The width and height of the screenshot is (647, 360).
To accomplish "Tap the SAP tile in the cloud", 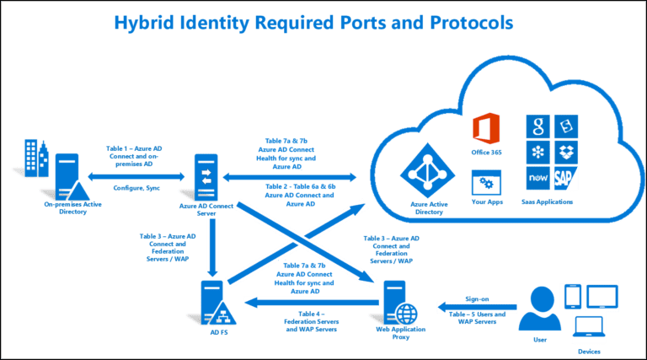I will [x=564, y=178].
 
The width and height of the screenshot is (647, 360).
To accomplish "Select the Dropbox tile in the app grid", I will [x=564, y=153].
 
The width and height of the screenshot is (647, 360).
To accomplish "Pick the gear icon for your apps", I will [x=485, y=181].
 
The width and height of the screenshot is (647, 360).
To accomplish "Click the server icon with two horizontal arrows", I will [x=206, y=175].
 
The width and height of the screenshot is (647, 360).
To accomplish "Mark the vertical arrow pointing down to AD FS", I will [x=212, y=244].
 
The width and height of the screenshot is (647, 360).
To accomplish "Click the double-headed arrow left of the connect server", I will [x=136, y=177].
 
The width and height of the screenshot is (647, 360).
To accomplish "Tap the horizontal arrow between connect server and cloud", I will [x=290, y=177].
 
